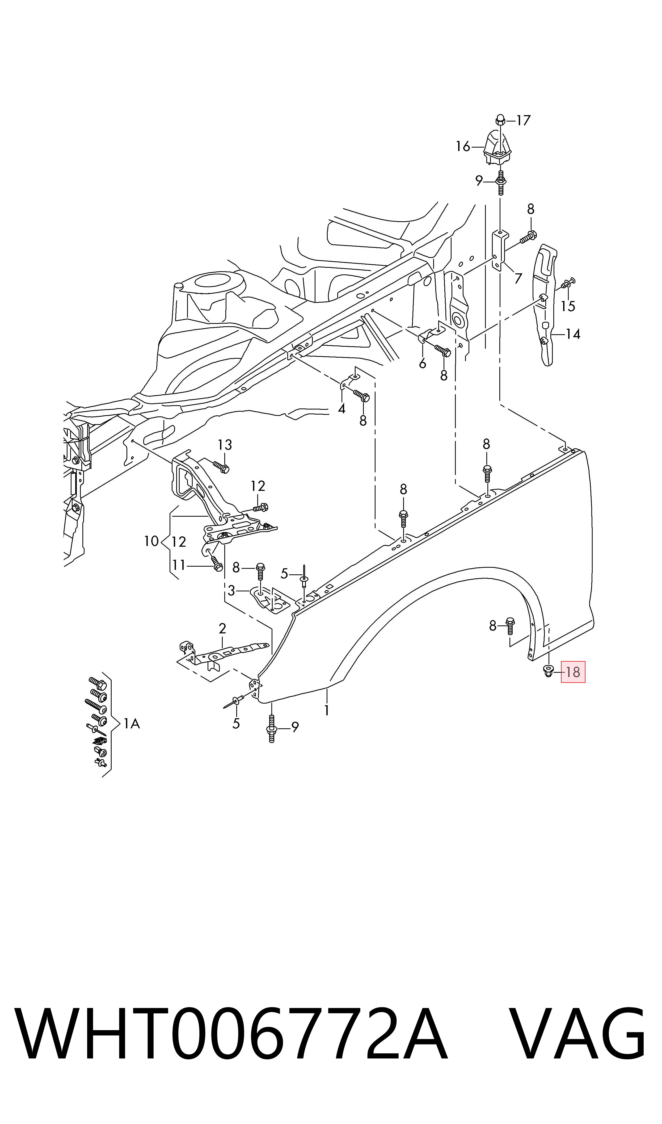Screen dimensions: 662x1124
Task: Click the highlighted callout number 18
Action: pos(573,672)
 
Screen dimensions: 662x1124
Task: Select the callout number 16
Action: pos(463,146)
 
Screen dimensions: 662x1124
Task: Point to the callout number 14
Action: pos(573,334)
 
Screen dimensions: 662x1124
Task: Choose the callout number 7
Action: pos(518,278)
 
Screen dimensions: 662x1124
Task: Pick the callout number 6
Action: pos(423,364)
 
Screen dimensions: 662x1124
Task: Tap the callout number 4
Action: pos(342,409)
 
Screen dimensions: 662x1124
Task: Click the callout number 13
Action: pos(225,445)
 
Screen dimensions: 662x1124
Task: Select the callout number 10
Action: pos(151,541)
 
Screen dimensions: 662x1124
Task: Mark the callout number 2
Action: pos(222,629)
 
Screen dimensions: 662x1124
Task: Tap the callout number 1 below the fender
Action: pos(327,710)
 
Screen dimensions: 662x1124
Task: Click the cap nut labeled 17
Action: pos(500,120)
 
